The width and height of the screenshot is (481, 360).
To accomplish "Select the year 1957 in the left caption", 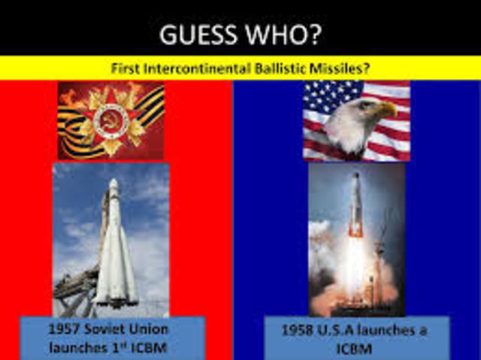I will point(65,329).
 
